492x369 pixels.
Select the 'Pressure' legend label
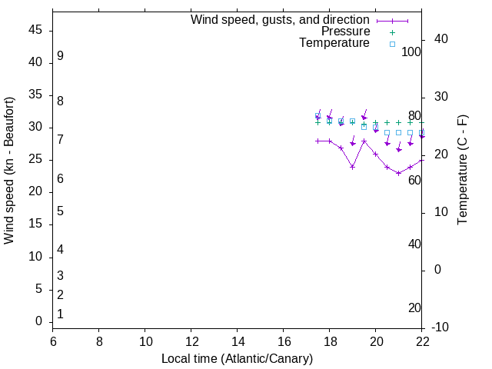click(x=345, y=32)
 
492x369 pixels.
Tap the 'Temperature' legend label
click(x=334, y=43)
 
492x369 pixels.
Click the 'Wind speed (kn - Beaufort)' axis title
click(x=9, y=171)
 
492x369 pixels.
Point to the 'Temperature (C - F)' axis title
click(x=462, y=170)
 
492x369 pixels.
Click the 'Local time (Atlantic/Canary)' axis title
click(x=237, y=359)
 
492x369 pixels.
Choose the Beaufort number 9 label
click(x=60, y=56)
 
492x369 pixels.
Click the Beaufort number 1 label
click(x=60, y=314)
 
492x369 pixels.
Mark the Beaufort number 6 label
click(x=60, y=179)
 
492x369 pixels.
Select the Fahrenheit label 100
click(x=411, y=52)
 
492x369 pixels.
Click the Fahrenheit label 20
click(x=414, y=308)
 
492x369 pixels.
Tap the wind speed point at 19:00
click(x=352, y=167)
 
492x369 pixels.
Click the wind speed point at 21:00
click(x=398, y=173)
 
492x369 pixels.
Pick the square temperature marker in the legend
click(x=391, y=44)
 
